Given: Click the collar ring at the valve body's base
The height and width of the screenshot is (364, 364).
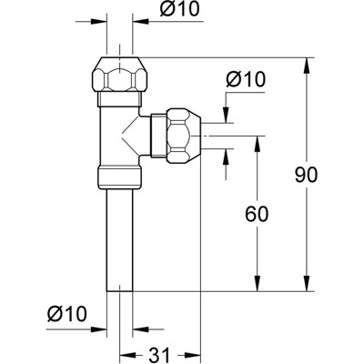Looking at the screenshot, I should (x=122, y=178).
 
